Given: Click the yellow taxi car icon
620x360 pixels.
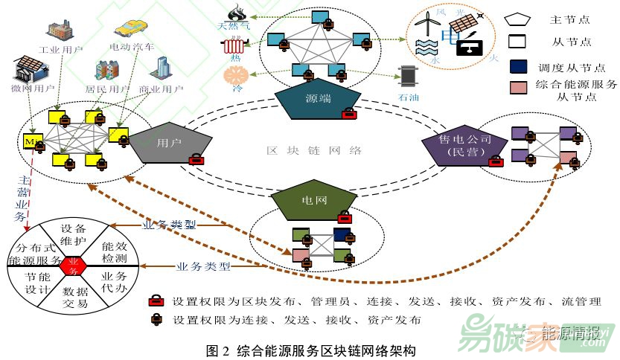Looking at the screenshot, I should [x=132, y=28].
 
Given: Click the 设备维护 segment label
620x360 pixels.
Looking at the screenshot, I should [x=74, y=234].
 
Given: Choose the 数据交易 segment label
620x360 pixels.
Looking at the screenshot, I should [x=75, y=298].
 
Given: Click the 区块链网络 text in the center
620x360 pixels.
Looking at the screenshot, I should [x=313, y=151].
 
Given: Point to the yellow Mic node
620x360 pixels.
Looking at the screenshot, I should [x=31, y=141].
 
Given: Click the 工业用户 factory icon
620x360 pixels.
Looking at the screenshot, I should [x=59, y=30].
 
